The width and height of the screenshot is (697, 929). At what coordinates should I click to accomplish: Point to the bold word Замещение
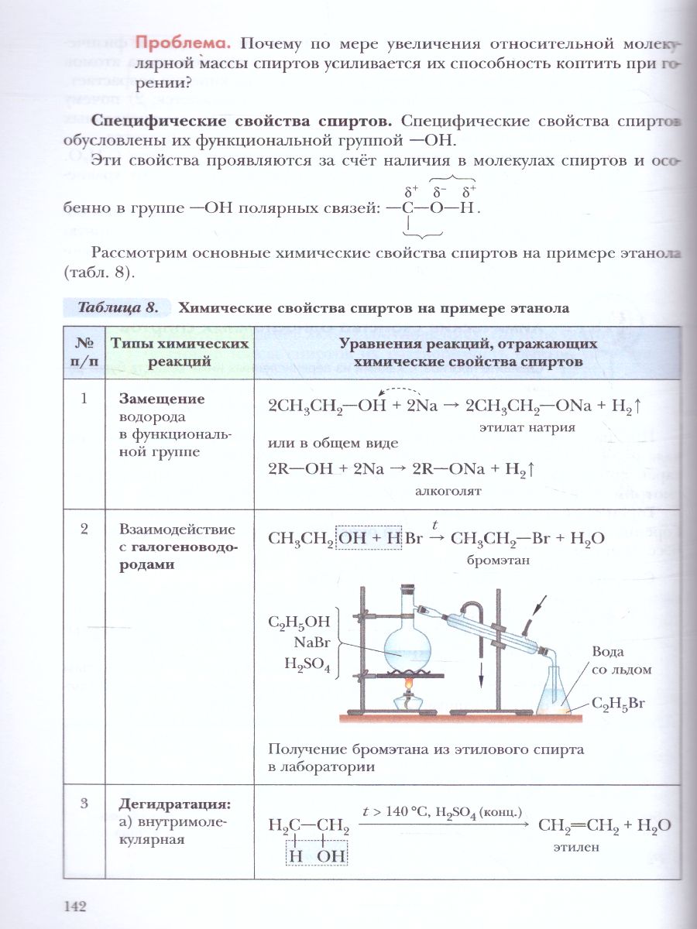pos(161,399)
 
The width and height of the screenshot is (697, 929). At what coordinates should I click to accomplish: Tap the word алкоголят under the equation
pos(448,490)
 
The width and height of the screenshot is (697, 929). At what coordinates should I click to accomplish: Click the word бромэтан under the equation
pos(497,560)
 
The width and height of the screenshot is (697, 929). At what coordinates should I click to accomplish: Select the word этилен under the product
pos(577,847)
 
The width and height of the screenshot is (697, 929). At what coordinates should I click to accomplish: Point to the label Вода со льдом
pos(620,660)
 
